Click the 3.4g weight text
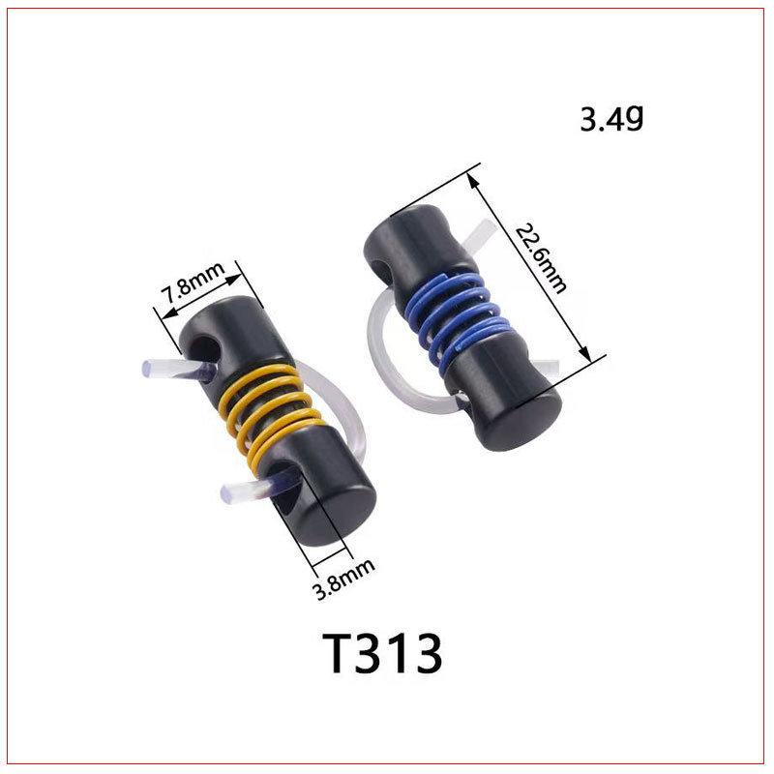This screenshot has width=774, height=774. pos(611,118)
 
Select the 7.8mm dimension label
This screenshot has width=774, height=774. pos(193,283)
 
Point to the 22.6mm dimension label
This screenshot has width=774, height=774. pos(541,258)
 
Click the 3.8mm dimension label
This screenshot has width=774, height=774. pos(344,579)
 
